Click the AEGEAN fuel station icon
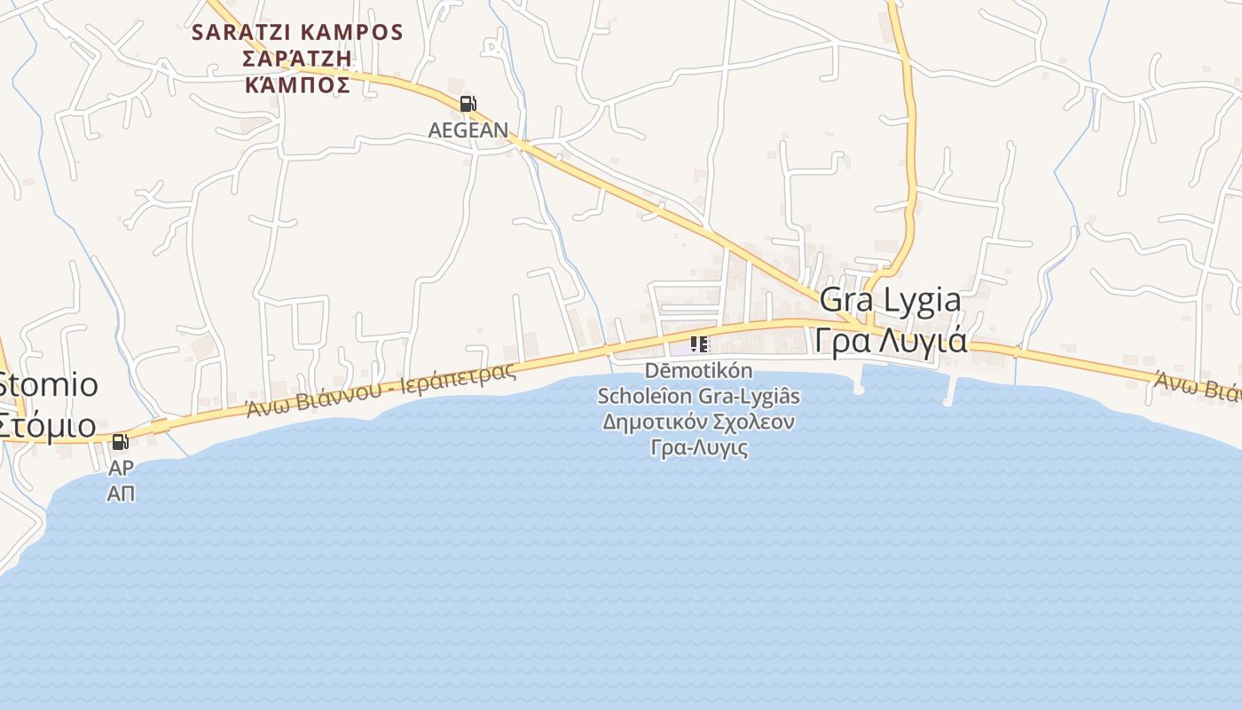[x=468, y=104]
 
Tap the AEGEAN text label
[x=468, y=130]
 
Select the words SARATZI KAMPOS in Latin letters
[x=298, y=33]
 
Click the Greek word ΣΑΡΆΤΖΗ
[x=298, y=59]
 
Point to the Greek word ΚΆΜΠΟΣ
[x=298, y=84]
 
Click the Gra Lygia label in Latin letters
[x=890, y=300]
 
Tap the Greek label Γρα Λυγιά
[x=891, y=340]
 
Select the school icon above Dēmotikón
[x=699, y=343]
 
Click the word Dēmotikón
[x=699, y=370]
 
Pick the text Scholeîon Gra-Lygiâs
[x=699, y=396]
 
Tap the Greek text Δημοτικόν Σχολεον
[x=699, y=422]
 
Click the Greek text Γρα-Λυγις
[x=699, y=447]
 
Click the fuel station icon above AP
[x=120, y=441]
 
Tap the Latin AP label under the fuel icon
[x=121, y=468]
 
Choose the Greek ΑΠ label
[x=121, y=493]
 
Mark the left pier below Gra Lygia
[x=859, y=382]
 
